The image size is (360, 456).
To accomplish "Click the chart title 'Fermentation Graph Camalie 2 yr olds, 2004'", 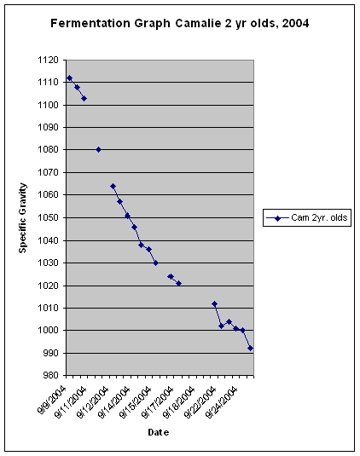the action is (179, 24).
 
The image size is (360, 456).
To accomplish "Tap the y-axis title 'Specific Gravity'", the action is (23, 218).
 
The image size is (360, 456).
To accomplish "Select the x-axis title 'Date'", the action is (159, 432).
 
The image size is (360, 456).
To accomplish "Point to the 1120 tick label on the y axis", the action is (48, 61).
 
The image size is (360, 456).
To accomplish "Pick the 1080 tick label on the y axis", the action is (48, 149).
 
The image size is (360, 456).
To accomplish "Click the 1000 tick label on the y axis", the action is (48, 331).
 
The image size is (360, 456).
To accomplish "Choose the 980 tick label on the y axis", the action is (50, 375).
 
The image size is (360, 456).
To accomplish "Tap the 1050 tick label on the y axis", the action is (48, 217).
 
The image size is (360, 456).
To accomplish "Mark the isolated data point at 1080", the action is (98, 149).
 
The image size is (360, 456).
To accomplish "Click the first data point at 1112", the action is (70, 78).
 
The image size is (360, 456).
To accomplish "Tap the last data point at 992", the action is (250, 348).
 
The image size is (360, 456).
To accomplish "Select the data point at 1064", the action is (113, 186).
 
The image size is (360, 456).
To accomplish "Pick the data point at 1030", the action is (156, 263).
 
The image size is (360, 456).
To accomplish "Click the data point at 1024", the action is (171, 276).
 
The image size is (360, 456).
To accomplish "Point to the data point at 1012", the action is (214, 304).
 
